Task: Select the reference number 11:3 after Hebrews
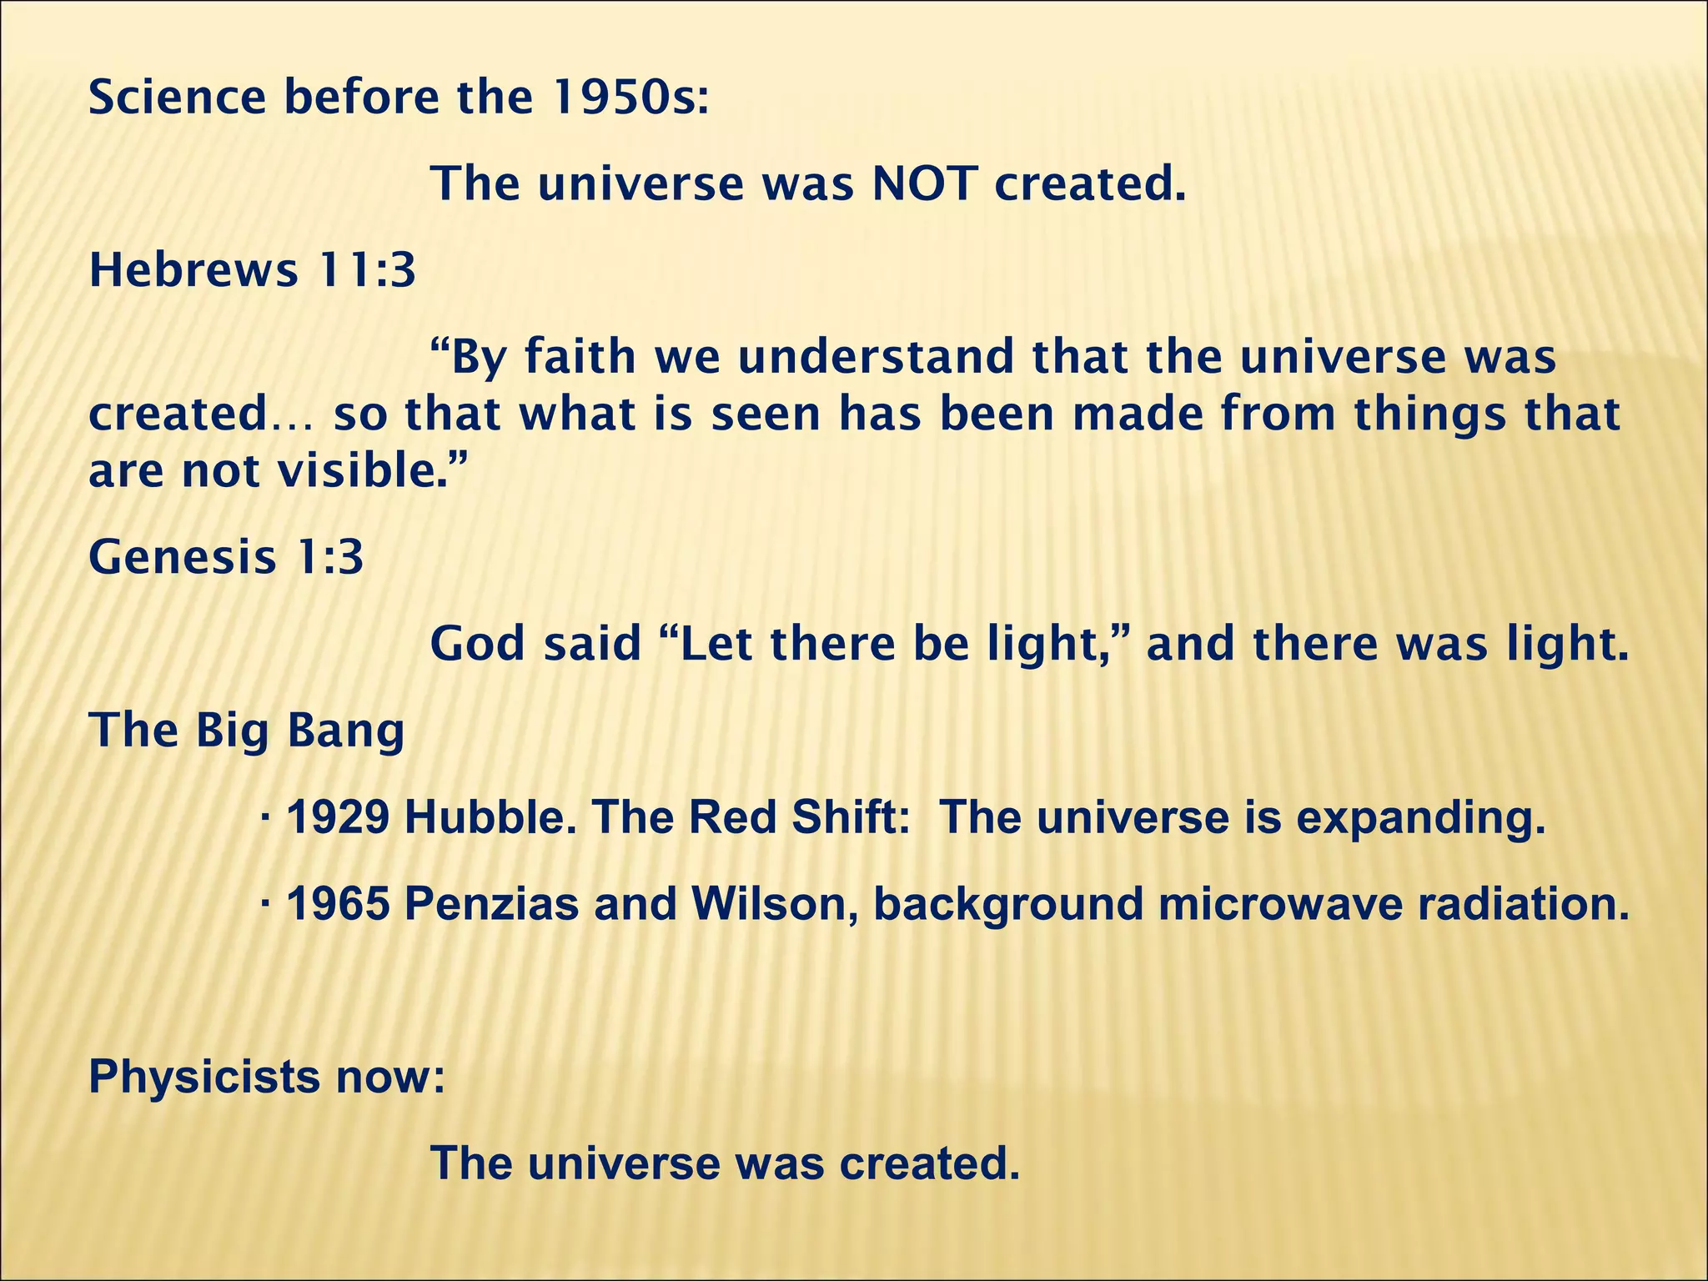click(x=363, y=271)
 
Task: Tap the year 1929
click(x=337, y=817)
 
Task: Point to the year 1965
click(x=337, y=904)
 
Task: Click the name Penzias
click(x=491, y=904)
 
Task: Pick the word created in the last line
click(x=928, y=1163)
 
